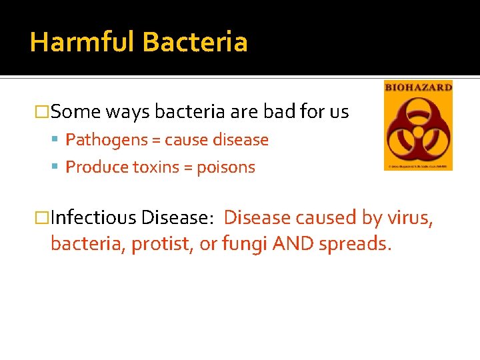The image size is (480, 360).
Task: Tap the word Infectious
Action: click(93, 218)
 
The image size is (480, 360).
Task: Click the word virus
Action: click(411, 218)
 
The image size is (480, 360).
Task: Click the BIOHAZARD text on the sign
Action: click(418, 87)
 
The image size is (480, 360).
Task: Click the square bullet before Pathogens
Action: click(58, 141)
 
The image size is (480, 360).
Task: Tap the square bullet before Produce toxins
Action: click(58, 167)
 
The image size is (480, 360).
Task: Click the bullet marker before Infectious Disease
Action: click(44, 218)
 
